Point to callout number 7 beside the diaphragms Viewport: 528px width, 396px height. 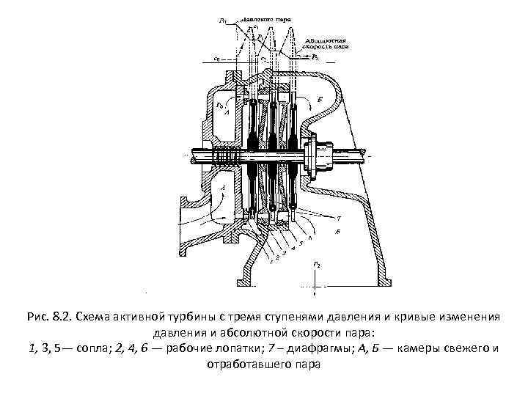point(338,219)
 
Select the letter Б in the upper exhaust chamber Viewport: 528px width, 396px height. point(318,98)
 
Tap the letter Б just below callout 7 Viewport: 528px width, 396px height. point(337,231)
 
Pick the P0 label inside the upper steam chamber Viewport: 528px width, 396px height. point(219,107)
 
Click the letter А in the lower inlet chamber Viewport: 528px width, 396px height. point(223,188)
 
